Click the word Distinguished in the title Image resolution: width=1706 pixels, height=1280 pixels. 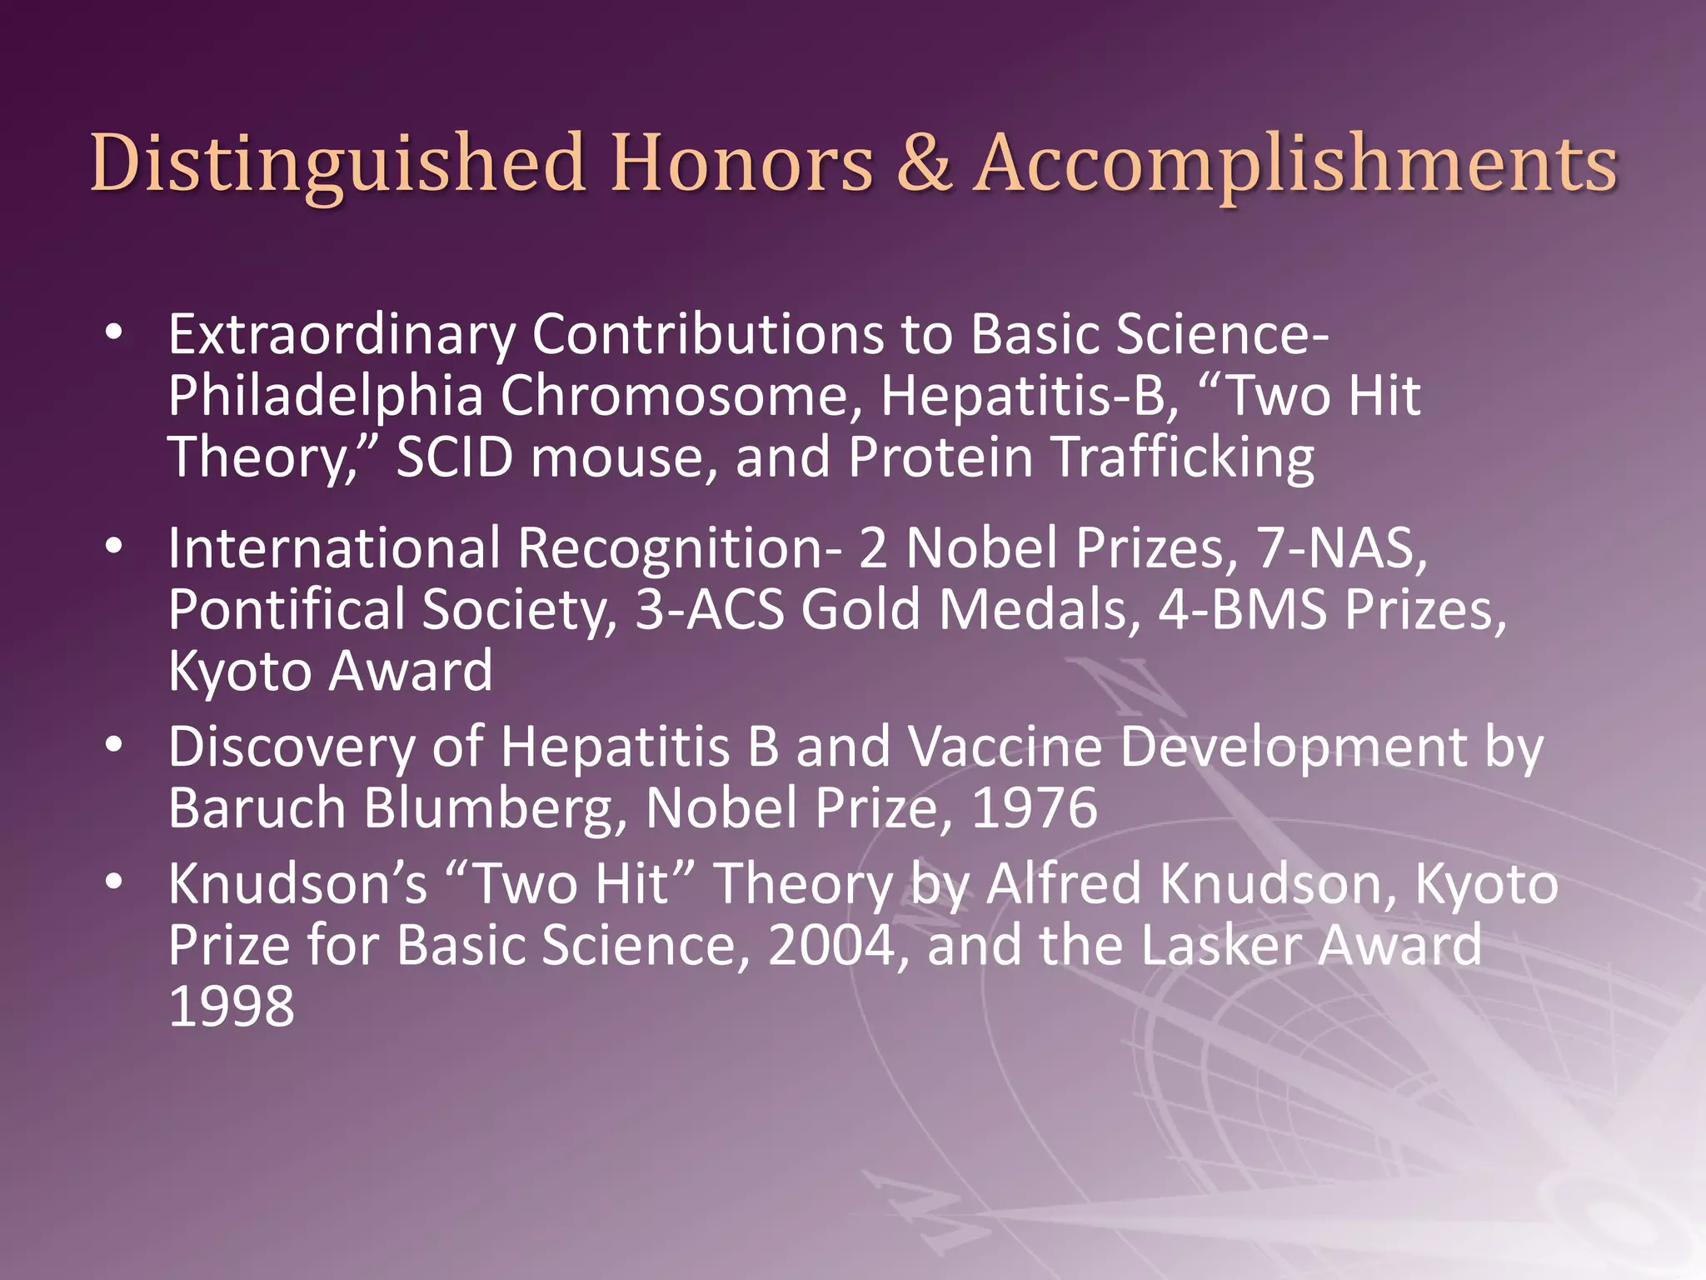337,163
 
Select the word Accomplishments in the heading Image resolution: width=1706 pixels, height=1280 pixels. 1296,163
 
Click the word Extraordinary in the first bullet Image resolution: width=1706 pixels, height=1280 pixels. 342,335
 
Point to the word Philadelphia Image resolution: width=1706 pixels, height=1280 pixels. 325,396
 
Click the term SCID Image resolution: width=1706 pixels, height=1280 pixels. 454,457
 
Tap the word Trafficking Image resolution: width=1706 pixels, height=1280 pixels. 1183,457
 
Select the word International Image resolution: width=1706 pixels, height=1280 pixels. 334,548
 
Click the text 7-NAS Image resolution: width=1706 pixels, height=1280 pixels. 1342,548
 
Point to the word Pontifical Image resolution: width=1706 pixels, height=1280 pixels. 287,610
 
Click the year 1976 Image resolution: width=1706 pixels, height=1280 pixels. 1034,808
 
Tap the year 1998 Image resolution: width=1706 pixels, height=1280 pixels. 232,1007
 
